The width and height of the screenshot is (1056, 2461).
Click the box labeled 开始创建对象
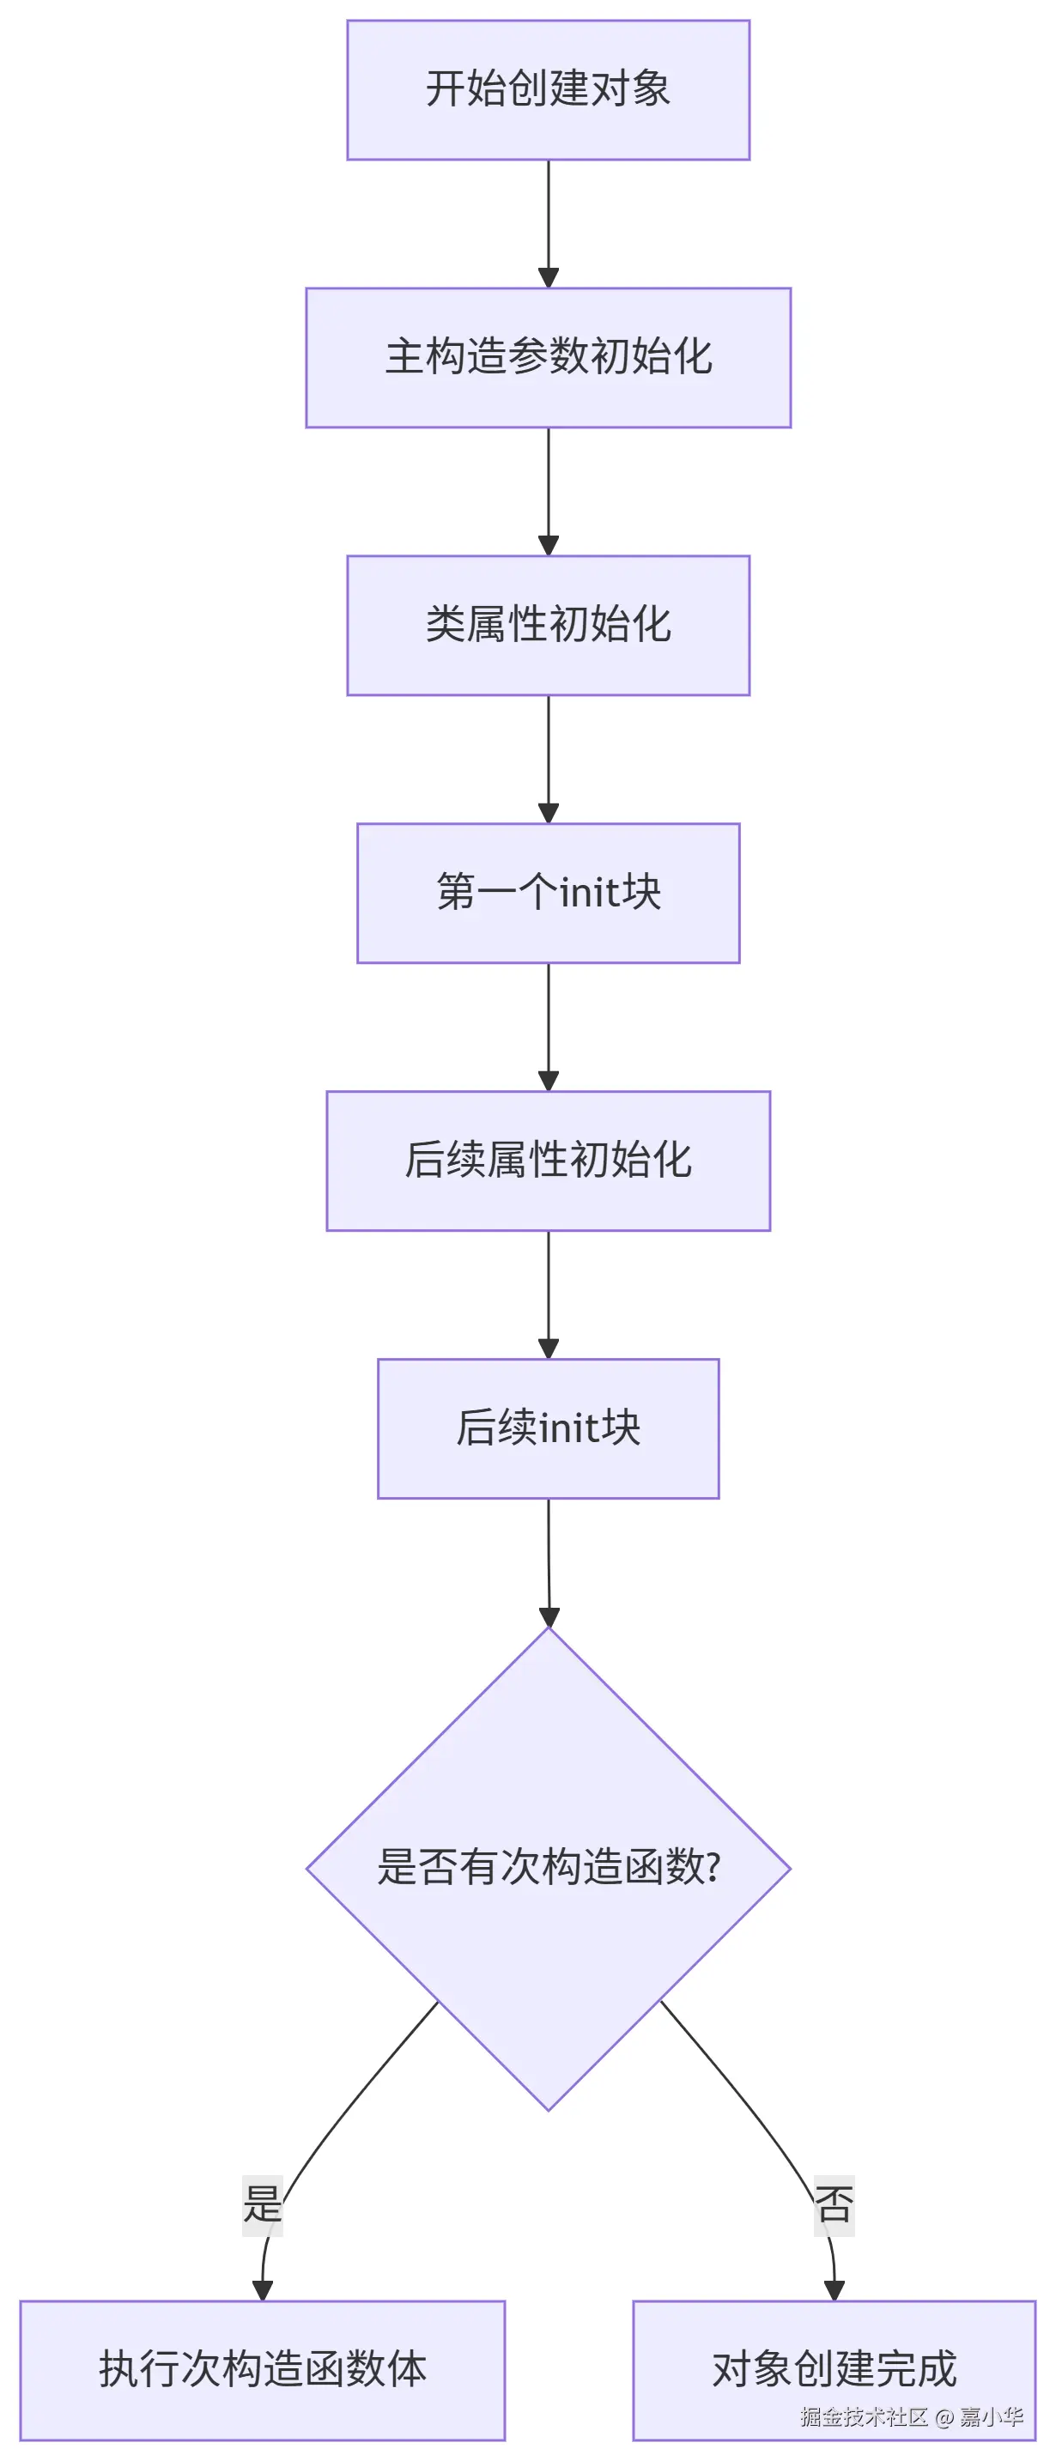point(548,90)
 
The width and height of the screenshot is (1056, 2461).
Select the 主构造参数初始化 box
point(548,357)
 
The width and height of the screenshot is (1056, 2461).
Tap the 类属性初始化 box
point(548,625)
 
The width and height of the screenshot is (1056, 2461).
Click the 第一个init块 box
point(548,893)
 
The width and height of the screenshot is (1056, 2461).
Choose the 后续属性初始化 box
point(548,1160)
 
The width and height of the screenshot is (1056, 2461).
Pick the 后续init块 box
point(548,1428)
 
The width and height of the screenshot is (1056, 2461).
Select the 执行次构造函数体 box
point(262,2370)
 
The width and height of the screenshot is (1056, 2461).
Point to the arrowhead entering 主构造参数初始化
point(548,278)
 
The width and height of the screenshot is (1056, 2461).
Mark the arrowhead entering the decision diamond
point(549,1616)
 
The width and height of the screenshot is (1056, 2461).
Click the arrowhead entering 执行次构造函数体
point(263,2290)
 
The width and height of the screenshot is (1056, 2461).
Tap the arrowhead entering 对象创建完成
point(834,2290)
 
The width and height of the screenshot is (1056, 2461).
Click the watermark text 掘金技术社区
point(863,2417)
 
